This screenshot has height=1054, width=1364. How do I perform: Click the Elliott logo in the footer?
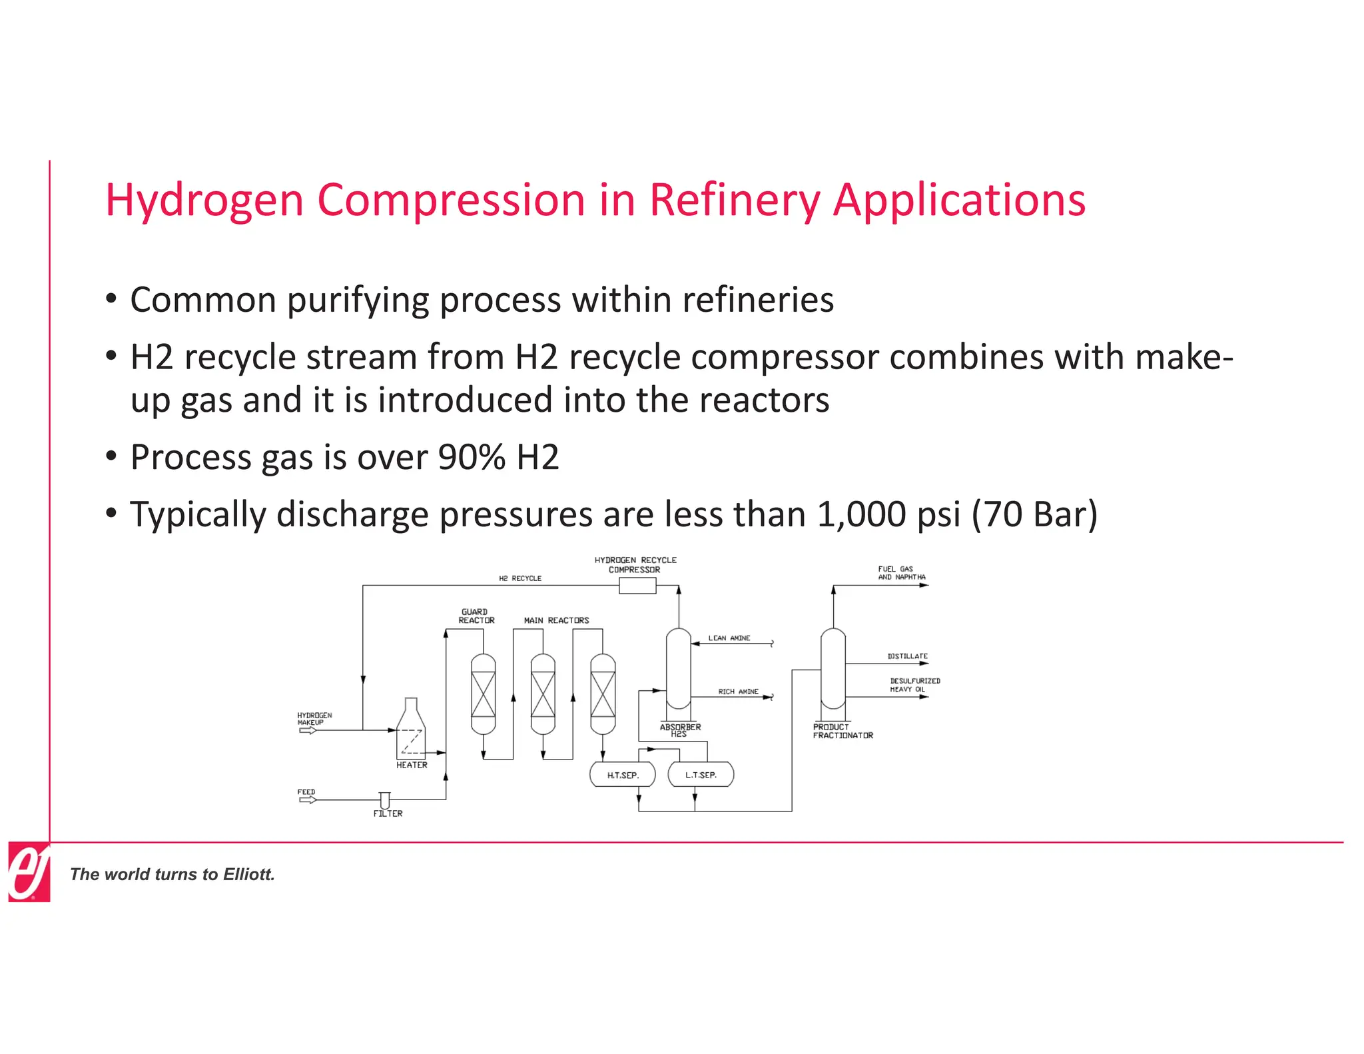click(x=29, y=871)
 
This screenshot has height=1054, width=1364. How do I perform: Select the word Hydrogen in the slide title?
click(x=204, y=201)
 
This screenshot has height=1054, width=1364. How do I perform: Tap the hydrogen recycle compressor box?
click(x=637, y=586)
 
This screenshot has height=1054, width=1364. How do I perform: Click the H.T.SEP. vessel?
click(x=622, y=775)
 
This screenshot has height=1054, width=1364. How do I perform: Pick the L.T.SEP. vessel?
click(x=701, y=775)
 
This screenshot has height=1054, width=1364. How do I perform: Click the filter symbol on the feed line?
click(x=384, y=799)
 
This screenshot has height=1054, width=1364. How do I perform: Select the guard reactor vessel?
click(x=483, y=694)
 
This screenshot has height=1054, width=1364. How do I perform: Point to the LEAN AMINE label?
click(x=729, y=638)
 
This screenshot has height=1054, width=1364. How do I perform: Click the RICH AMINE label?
click(x=738, y=692)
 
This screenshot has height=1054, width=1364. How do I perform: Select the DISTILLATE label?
click(x=907, y=656)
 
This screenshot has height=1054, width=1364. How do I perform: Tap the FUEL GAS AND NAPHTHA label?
click(x=901, y=573)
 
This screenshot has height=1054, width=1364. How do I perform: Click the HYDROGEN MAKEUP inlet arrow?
click(x=308, y=730)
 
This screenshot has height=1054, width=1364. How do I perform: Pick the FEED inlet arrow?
click(x=308, y=799)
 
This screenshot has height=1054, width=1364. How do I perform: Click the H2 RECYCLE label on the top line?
click(x=519, y=578)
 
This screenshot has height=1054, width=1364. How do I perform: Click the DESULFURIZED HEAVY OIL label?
click(x=914, y=685)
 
